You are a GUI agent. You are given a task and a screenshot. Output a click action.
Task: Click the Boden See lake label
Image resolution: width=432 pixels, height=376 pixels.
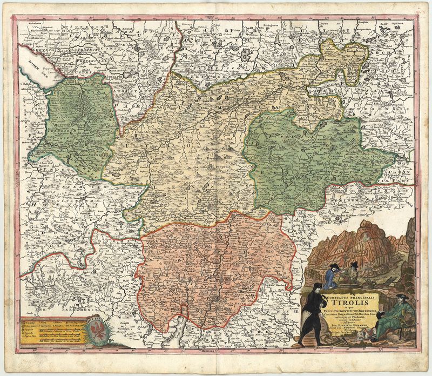pos(28,68)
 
